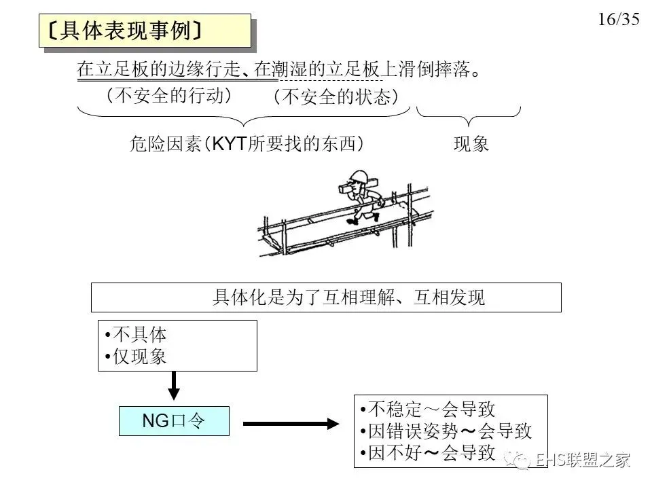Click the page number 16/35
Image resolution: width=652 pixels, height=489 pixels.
[619, 19]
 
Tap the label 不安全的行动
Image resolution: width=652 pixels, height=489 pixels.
[169, 96]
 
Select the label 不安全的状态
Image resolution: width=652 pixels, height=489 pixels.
[336, 97]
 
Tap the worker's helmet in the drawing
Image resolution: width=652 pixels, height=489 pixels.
[356, 175]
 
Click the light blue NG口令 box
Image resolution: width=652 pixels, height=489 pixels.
[174, 421]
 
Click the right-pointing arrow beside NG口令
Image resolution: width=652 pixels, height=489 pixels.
[290, 424]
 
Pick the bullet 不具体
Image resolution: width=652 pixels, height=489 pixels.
[136, 334]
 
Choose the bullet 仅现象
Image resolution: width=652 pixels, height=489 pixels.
[136, 357]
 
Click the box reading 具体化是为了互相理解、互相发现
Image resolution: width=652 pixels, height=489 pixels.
[326, 297]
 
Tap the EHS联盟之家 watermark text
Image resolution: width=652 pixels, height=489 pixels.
[581, 460]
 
